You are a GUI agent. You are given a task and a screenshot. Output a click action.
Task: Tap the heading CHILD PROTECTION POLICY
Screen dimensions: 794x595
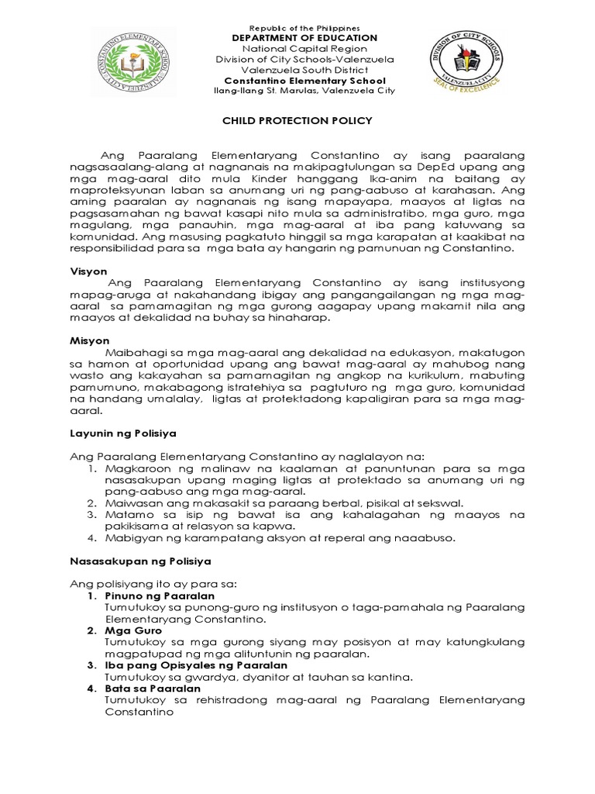[297, 120]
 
